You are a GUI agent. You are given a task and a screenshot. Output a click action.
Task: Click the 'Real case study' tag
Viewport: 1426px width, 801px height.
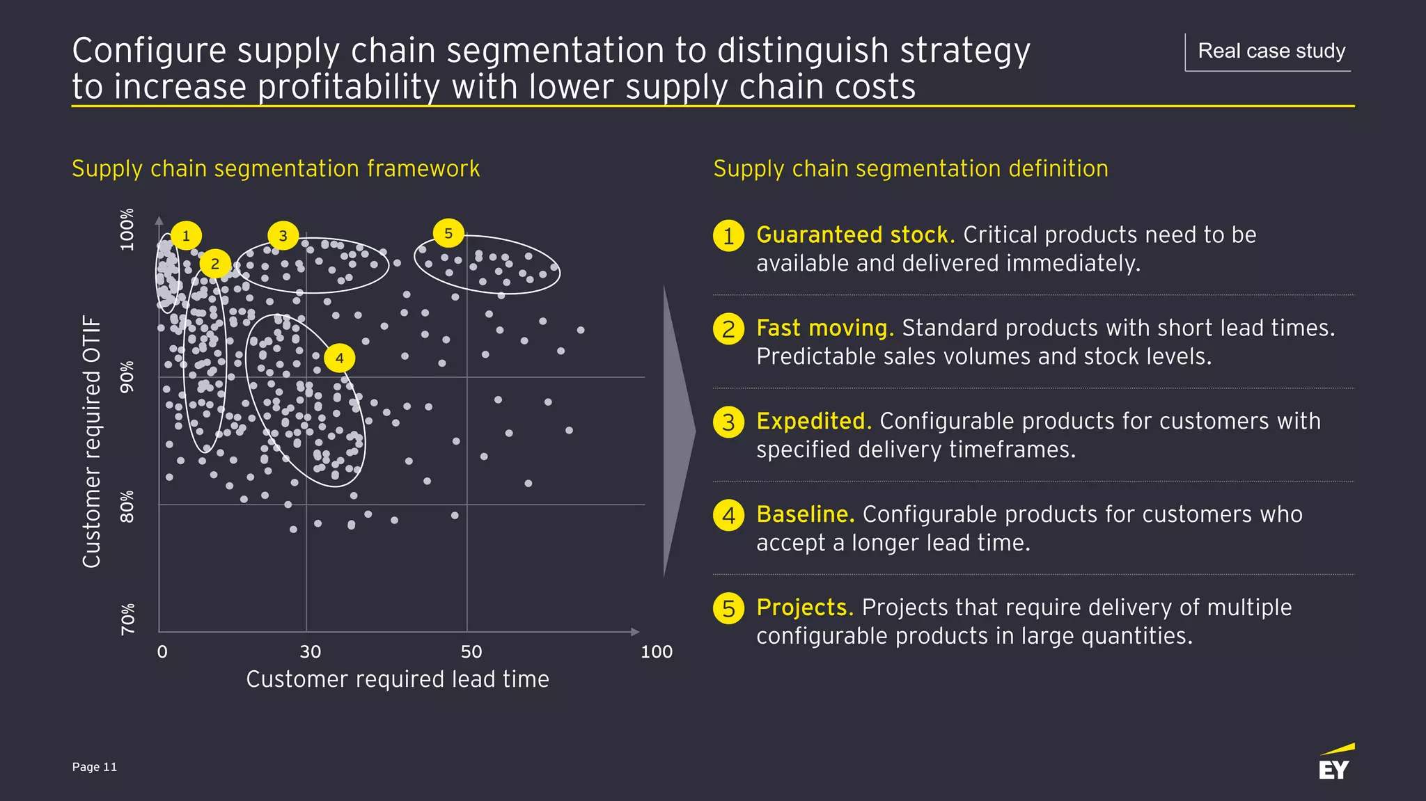point(1271,51)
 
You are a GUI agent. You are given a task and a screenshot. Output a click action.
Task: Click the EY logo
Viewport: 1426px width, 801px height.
point(1335,763)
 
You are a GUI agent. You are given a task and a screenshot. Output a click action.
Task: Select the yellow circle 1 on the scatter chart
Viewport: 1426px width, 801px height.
point(186,236)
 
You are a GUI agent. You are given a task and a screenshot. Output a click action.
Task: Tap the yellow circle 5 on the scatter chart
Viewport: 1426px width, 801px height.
point(448,233)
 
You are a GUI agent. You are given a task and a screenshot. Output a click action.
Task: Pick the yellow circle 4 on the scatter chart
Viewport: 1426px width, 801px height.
point(339,358)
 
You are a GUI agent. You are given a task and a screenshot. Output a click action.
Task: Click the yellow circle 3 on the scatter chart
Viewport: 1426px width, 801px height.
point(283,236)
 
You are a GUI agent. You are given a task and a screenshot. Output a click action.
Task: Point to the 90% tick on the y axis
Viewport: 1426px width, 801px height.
point(127,377)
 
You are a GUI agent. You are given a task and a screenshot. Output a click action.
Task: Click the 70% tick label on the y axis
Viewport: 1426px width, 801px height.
point(127,619)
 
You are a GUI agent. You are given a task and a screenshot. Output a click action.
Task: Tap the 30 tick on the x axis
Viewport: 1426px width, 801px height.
point(310,652)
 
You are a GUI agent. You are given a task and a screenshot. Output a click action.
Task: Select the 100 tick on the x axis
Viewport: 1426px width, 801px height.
point(656,652)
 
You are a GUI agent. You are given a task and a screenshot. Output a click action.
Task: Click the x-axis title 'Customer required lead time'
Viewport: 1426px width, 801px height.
point(398,679)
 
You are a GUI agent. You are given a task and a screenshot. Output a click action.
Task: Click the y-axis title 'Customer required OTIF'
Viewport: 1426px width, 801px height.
point(92,441)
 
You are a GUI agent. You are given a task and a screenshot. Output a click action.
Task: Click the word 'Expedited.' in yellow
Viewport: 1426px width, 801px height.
point(813,422)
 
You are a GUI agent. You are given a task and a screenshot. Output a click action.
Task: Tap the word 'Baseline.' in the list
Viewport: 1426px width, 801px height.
point(805,514)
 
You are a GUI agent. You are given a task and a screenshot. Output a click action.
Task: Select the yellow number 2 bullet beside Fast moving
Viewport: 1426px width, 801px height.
point(728,328)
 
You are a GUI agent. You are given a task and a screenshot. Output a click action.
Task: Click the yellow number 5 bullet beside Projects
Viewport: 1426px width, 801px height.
point(728,608)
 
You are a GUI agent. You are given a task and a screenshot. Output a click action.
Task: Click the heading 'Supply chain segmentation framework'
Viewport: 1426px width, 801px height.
point(276,169)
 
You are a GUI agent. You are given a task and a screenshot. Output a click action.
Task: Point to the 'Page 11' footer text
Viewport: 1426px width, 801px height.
point(95,767)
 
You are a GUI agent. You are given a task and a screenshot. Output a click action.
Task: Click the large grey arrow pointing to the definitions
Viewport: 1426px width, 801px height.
point(678,431)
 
